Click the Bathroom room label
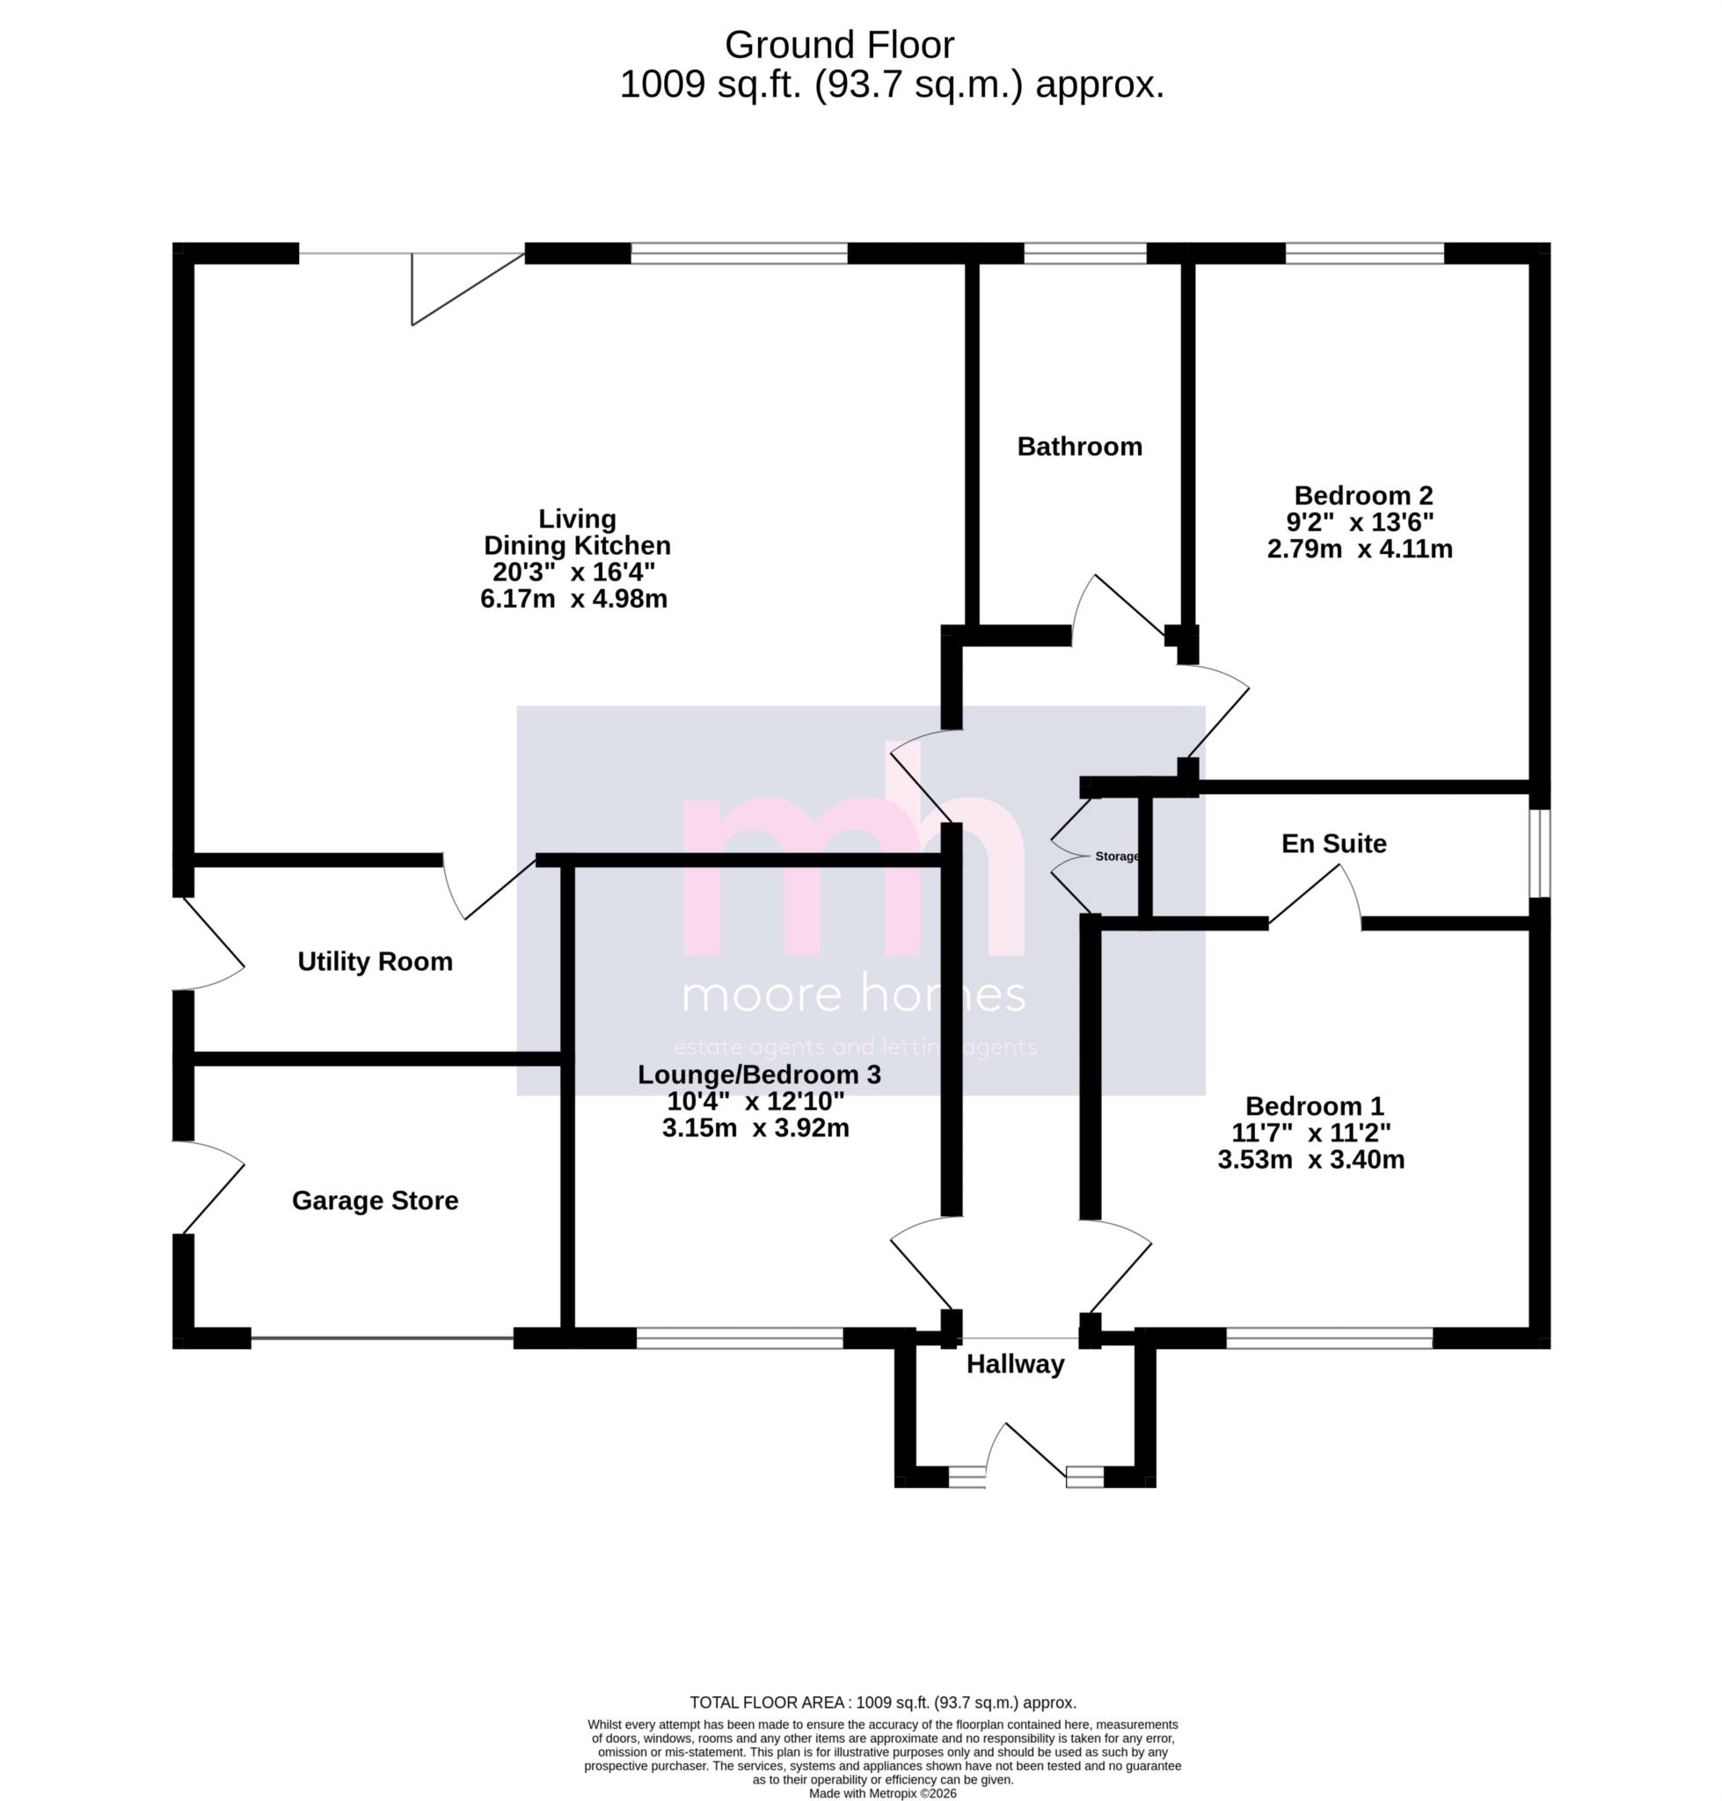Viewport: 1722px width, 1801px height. (x=1079, y=447)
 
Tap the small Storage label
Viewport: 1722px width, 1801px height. (x=1116, y=857)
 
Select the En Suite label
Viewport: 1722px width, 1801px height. (x=1334, y=843)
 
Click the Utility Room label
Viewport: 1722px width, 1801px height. (x=375, y=961)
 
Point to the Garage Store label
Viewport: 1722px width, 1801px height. (x=375, y=1200)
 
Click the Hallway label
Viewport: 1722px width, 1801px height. (x=1015, y=1364)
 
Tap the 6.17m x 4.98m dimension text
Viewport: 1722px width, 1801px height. (x=573, y=600)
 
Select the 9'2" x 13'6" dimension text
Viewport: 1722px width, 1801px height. (x=1360, y=522)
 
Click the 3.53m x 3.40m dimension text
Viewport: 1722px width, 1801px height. (x=1310, y=1159)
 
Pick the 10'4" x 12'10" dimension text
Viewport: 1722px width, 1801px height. (x=755, y=1101)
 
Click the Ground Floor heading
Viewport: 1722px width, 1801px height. (x=839, y=45)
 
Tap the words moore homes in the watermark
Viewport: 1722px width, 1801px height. (x=854, y=995)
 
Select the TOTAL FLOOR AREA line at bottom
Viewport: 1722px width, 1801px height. (x=882, y=1703)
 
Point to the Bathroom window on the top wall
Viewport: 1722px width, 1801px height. (x=1085, y=253)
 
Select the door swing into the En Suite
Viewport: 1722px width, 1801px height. (x=1315, y=897)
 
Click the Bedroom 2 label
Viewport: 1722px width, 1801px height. (x=1363, y=496)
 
